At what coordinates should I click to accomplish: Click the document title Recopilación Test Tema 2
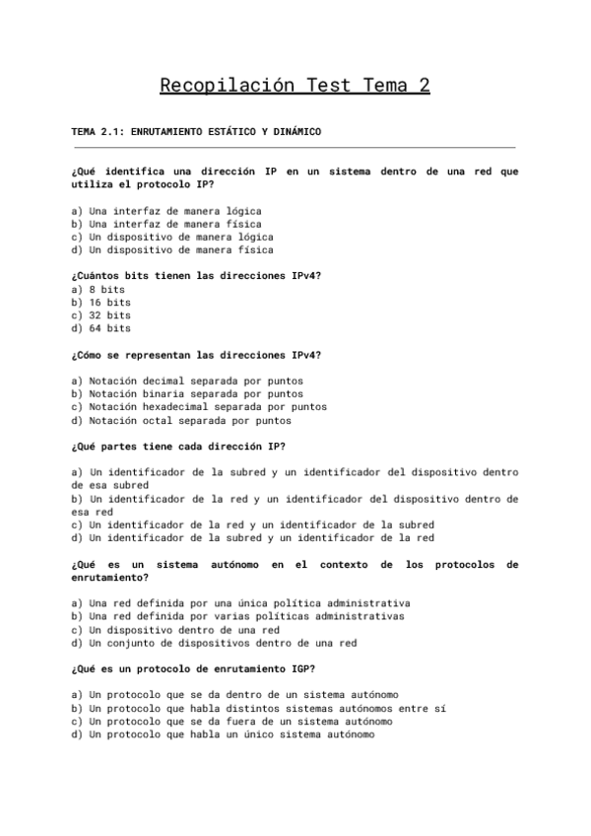tap(295, 86)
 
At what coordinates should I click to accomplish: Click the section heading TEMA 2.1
tap(197, 131)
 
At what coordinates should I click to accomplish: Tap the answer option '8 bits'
tap(98, 290)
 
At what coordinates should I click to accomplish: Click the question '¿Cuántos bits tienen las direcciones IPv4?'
tap(196, 276)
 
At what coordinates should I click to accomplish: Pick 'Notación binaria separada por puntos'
tap(184, 393)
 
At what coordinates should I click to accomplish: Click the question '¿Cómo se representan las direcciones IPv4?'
tap(196, 355)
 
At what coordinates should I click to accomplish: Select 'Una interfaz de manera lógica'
tap(166, 210)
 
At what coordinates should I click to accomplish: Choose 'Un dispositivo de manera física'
tap(172, 249)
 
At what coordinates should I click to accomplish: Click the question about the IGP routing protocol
tap(187, 669)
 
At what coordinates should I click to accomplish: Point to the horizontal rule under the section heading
tap(295, 148)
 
